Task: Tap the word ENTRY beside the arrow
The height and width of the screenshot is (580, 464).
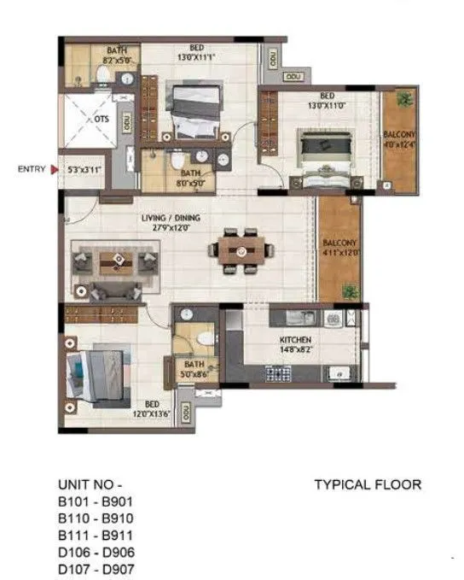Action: click(32, 169)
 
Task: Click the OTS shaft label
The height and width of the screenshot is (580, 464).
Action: click(101, 120)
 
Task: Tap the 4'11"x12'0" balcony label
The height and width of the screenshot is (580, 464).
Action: click(339, 248)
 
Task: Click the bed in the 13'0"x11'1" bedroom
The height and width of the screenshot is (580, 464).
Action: click(193, 111)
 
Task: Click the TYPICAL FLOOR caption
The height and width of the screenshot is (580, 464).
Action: click(368, 484)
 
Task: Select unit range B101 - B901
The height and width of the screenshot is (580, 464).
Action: click(96, 501)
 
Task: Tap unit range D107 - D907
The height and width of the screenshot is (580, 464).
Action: click(96, 568)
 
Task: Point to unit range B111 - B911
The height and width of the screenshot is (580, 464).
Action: click(96, 535)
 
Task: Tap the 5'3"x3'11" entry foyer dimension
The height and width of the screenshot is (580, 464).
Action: click(84, 169)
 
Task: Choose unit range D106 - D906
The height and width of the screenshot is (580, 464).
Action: click(96, 552)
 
